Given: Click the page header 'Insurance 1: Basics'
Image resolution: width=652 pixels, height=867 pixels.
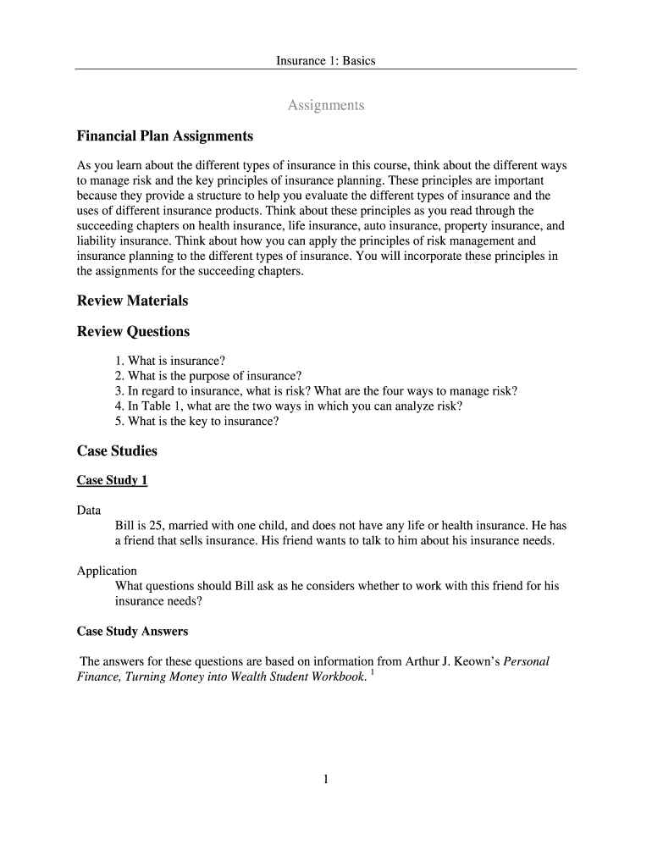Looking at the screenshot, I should (x=325, y=61).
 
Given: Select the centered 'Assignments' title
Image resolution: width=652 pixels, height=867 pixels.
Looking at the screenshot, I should (x=326, y=105).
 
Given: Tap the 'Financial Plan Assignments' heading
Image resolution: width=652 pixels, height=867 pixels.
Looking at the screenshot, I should (x=164, y=135).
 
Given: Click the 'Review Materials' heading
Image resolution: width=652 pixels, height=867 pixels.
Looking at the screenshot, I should (x=132, y=301).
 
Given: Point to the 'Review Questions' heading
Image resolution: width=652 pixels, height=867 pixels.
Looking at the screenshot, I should (x=133, y=331).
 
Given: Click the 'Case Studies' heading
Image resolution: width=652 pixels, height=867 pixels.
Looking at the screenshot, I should (x=117, y=451).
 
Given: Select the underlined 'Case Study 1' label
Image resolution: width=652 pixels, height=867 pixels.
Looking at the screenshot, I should (x=112, y=480).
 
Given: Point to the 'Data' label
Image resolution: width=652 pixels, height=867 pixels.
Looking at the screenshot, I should (x=89, y=511).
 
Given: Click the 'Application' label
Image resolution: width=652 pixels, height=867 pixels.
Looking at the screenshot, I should (x=107, y=571).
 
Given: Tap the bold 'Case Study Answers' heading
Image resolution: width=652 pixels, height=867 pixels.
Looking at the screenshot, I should (x=132, y=632).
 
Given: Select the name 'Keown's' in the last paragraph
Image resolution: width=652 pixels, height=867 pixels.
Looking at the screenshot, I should (x=473, y=661).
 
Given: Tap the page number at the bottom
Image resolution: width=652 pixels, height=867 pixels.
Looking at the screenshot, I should (x=325, y=780).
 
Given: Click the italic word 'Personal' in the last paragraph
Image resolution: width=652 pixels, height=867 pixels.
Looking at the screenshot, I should (x=527, y=661).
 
